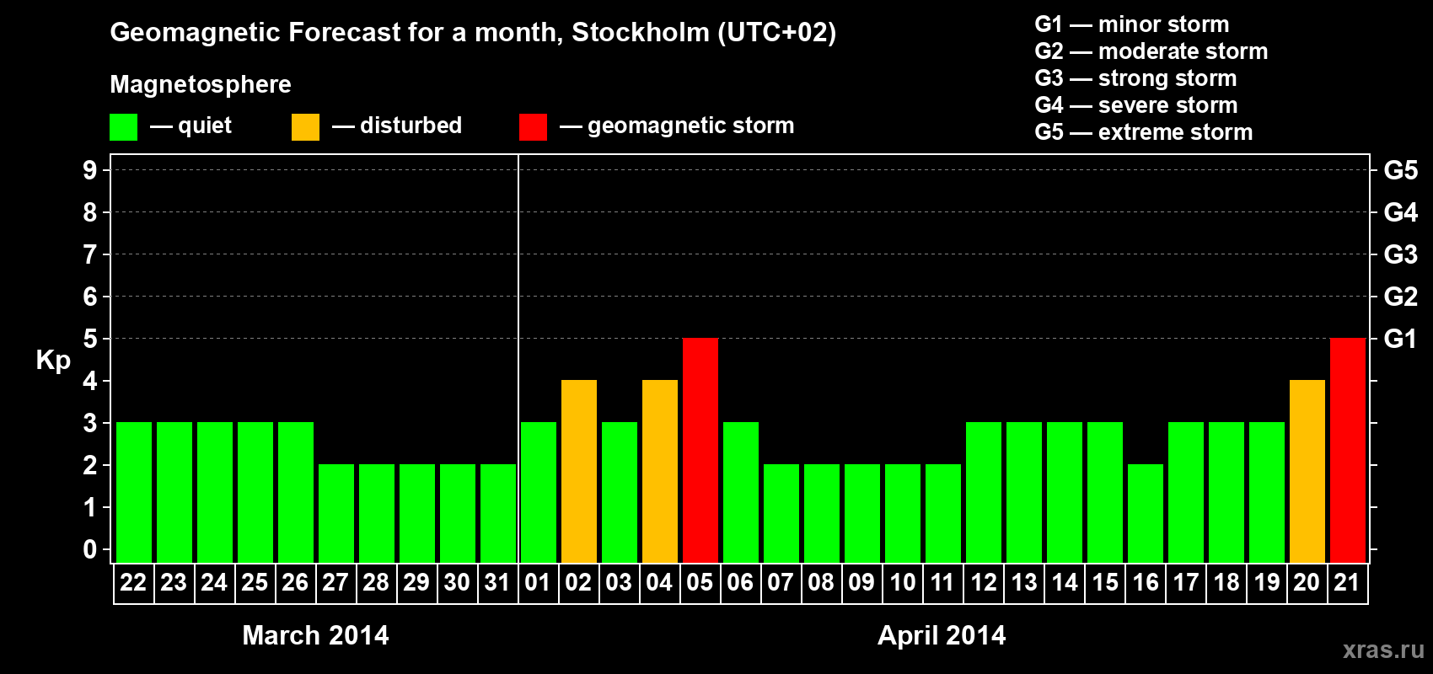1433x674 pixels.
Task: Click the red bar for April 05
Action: pos(700,450)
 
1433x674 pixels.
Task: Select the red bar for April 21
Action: pos(1348,450)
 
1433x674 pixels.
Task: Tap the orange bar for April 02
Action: pos(579,471)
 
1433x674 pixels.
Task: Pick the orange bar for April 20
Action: pos(1307,471)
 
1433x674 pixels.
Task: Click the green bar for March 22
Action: pos(134,492)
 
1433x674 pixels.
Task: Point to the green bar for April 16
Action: pos(1146,513)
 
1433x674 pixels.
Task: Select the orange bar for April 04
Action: pos(660,471)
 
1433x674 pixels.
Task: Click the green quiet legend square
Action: pos(124,127)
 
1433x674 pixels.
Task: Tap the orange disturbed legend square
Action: pos(305,127)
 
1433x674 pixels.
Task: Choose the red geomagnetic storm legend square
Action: pos(533,127)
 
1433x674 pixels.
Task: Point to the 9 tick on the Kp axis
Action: pos(90,170)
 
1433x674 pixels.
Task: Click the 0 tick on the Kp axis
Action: pos(90,549)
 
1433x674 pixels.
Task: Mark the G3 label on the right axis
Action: pos(1400,254)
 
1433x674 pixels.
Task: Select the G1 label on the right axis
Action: pos(1400,339)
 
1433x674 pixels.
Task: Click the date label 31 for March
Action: pos(497,582)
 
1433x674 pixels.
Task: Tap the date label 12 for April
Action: pos(984,582)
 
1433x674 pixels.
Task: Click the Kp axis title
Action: pos(53,360)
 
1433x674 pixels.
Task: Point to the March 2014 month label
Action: pos(315,635)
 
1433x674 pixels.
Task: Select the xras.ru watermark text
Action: pos(1383,649)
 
